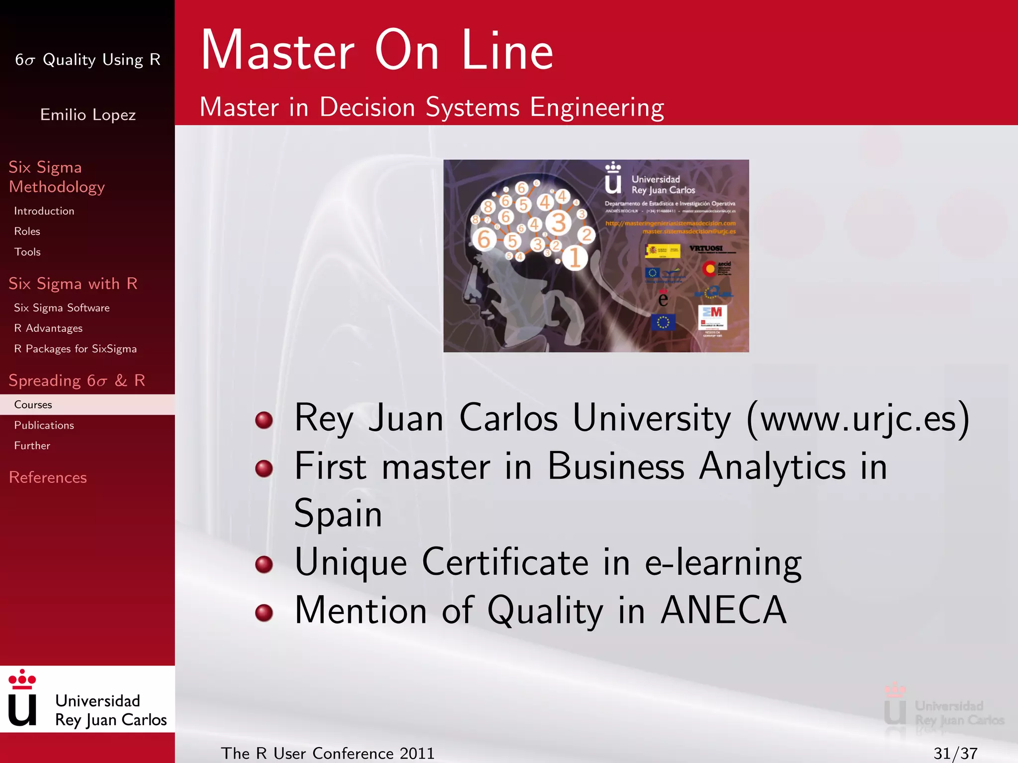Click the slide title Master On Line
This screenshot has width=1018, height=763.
point(377,51)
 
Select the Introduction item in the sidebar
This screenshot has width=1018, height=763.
point(44,211)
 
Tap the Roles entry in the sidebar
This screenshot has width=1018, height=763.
point(27,231)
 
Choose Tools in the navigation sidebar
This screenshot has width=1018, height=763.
point(27,252)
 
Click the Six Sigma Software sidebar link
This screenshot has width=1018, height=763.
point(62,308)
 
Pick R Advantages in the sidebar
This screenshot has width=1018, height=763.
point(48,328)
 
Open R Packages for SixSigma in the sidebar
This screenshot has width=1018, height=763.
point(75,349)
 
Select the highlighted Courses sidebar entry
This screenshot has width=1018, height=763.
point(33,405)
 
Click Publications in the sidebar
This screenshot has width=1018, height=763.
point(44,425)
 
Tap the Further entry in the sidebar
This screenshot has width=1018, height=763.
point(32,446)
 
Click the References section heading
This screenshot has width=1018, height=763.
point(48,477)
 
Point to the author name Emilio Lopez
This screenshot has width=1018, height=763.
point(87,115)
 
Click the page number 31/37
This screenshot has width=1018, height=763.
point(955,753)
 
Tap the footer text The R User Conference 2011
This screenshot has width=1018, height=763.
point(328,753)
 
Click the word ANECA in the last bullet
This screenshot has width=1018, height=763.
point(723,610)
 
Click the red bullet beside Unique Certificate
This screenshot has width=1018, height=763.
point(264,564)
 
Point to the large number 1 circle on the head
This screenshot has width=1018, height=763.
point(575,258)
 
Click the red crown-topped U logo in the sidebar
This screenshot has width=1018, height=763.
point(22,698)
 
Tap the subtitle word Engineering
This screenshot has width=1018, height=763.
point(596,107)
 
